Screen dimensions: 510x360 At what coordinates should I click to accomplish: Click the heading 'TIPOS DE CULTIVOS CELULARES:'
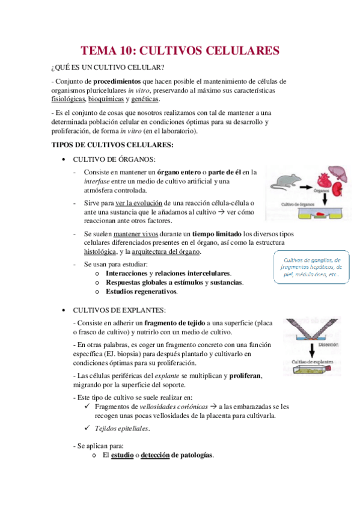tap(113, 145)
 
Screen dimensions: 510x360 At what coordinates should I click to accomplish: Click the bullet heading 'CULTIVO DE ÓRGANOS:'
tap(114, 159)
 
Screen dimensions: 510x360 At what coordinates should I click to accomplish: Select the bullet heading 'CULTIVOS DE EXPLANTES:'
tap(119, 310)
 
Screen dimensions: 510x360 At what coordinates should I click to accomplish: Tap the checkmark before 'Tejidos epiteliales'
tap(88, 428)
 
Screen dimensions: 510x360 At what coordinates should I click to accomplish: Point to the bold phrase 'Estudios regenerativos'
tap(141, 292)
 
